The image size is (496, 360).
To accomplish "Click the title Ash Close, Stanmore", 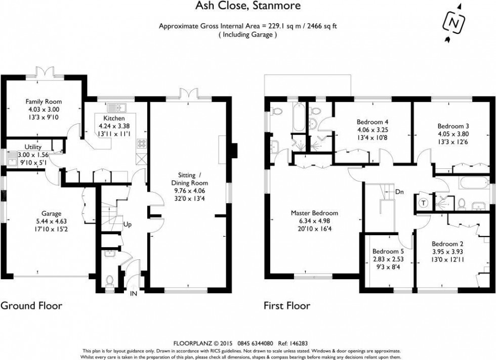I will click(x=247, y=6).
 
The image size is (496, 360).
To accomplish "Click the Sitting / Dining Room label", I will click(x=190, y=179).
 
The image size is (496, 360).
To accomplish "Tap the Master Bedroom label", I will click(x=314, y=213).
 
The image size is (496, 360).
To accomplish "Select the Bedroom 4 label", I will click(x=373, y=122).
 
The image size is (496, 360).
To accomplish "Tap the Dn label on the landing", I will click(x=400, y=192).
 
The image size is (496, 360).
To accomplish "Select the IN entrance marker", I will click(x=134, y=293).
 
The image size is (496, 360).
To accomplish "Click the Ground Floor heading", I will click(x=31, y=305).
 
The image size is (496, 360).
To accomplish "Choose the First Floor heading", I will click(x=287, y=305).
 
